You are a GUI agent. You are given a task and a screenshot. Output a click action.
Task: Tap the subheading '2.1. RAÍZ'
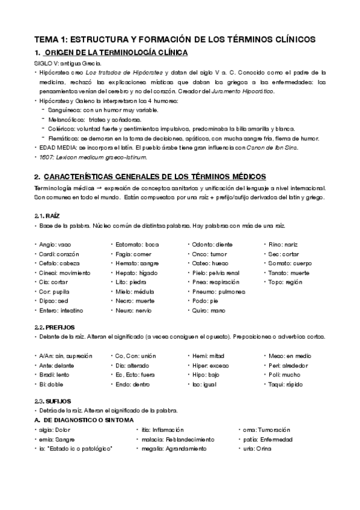(x=47, y=215)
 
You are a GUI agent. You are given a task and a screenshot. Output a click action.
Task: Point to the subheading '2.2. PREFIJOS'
(x=55, y=326)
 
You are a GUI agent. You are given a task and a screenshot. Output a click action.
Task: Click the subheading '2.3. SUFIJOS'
(x=53, y=401)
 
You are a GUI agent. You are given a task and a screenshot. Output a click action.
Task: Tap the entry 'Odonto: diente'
(x=212, y=244)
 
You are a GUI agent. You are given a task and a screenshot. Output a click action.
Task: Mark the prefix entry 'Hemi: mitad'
(x=207, y=355)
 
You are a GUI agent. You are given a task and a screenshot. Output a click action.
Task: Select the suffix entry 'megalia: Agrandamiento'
(x=174, y=449)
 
